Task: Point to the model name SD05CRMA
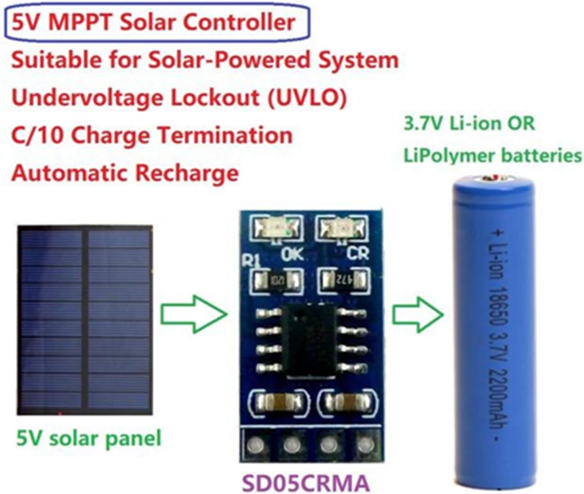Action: pos(305,482)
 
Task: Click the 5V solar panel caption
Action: pos(88,438)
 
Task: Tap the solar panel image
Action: pos(85,320)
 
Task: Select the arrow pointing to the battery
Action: pos(418,314)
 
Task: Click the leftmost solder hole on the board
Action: pos(255,445)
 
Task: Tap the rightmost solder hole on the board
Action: pos(364,445)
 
